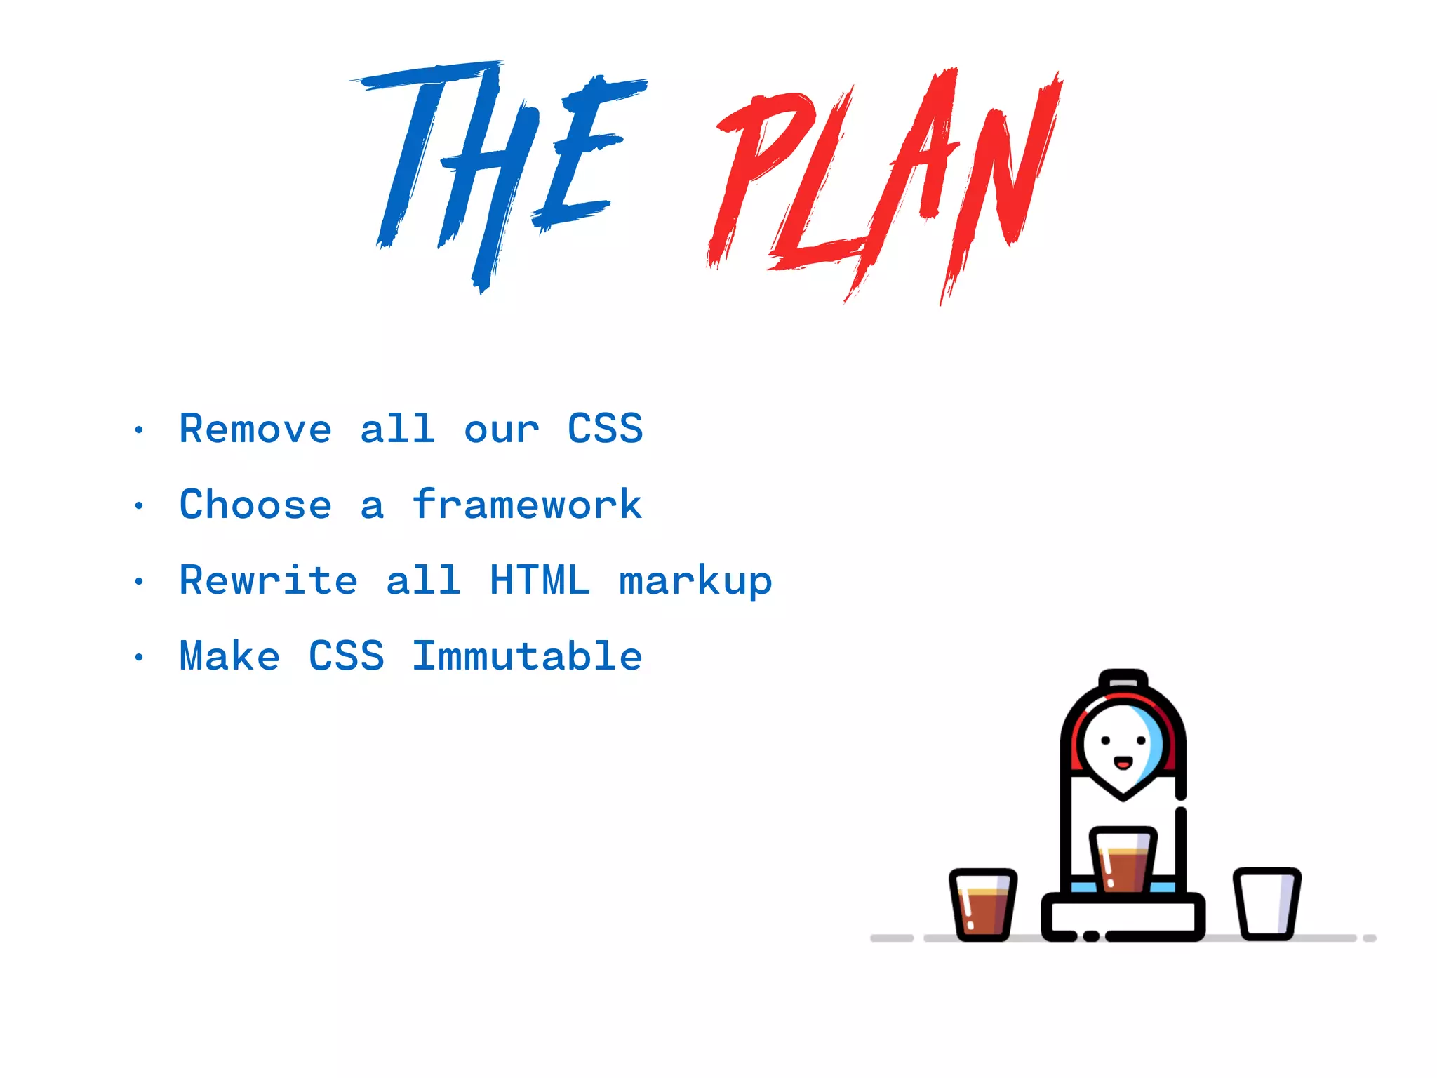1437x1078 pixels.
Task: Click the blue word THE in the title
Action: [x=491, y=168]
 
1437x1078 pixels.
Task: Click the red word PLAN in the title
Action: [x=884, y=182]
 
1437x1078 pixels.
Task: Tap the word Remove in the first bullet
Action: [x=255, y=429]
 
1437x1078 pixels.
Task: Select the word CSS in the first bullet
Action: [x=605, y=429]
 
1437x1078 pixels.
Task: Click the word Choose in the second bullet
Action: [x=255, y=505]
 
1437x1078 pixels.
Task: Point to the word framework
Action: [x=527, y=505]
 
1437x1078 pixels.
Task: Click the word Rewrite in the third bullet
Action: [x=268, y=580]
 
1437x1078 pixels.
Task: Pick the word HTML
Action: [x=540, y=580]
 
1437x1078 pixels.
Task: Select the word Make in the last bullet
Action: [x=230, y=656]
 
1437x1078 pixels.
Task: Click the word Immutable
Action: [x=527, y=656]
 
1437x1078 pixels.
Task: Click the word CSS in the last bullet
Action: [x=347, y=656]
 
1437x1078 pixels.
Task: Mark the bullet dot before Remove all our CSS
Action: [x=139, y=430]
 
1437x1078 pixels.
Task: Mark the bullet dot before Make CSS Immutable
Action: [x=139, y=658]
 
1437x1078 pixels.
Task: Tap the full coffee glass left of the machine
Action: [x=983, y=905]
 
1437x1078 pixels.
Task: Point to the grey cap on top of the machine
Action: [x=1123, y=681]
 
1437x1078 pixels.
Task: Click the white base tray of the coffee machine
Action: [x=1123, y=915]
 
